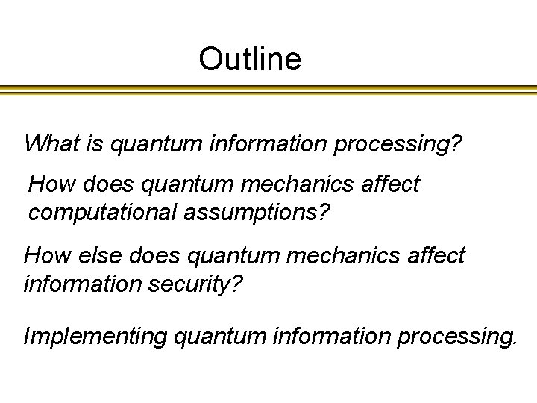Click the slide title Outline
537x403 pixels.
click(250, 59)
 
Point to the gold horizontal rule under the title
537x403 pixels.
click(268, 90)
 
